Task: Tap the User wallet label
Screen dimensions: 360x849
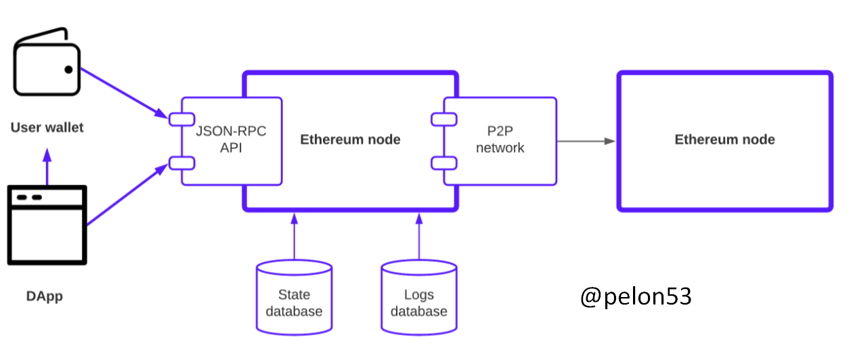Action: point(47,127)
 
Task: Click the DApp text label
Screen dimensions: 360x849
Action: point(45,296)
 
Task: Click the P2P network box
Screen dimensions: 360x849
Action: point(501,140)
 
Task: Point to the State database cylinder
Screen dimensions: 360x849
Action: point(294,298)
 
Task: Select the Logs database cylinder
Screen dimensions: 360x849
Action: point(419,298)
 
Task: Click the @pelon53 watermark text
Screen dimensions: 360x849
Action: point(636,296)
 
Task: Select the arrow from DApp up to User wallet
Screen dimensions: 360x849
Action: point(47,167)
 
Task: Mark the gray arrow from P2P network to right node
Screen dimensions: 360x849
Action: point(585,141)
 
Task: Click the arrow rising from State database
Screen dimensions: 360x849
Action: point(294,237)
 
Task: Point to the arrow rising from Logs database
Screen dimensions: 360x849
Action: point(419,237)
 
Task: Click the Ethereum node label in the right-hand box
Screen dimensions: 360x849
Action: point(724,140)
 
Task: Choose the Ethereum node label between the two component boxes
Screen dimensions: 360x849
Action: point(350,140)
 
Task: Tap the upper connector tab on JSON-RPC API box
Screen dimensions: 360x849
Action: point(182,119)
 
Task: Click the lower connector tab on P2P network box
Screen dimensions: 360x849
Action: point(444,162)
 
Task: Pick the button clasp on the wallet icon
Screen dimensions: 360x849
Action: point(69,69)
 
